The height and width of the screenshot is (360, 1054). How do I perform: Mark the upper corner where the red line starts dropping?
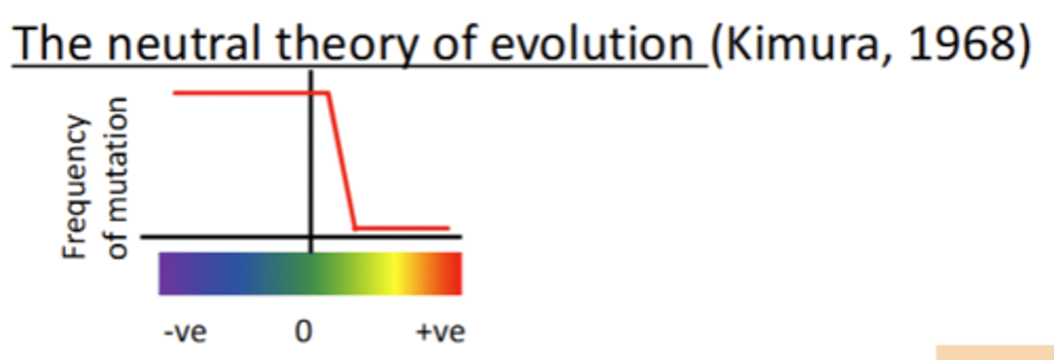pos(329,93)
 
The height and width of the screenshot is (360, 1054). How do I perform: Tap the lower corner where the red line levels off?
pos(355,228)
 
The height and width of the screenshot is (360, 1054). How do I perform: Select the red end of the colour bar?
pos(454,274)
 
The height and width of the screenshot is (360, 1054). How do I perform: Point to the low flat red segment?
pos(403,228)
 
